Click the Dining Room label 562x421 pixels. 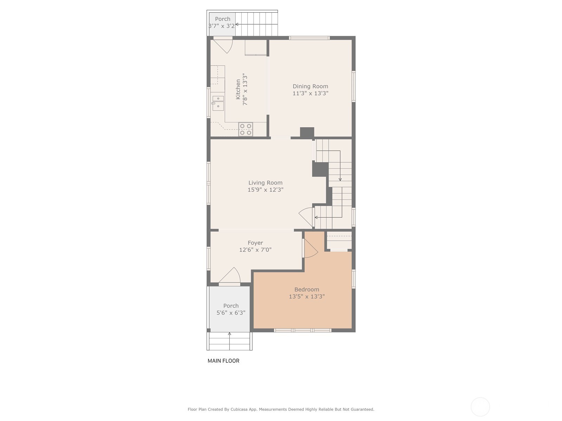[310, 86]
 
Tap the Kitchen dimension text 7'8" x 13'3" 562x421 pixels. [245, 89]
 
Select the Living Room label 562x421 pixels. [266, 183]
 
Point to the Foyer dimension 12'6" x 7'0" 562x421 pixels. [255, 250]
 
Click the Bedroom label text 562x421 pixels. [307, 290]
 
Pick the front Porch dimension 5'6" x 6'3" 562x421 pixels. [231, 313]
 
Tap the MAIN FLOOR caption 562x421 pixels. [223, 361]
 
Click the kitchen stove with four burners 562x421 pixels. [246, 129]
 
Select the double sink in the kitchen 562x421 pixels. [218, 103]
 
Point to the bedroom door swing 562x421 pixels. [310, 248]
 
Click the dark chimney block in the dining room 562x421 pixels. [307, 132]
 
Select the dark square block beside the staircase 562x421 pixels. [320, 169]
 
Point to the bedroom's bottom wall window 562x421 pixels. [303, 330]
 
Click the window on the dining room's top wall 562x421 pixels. [309, 38]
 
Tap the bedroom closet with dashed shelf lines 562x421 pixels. [339, 241]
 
